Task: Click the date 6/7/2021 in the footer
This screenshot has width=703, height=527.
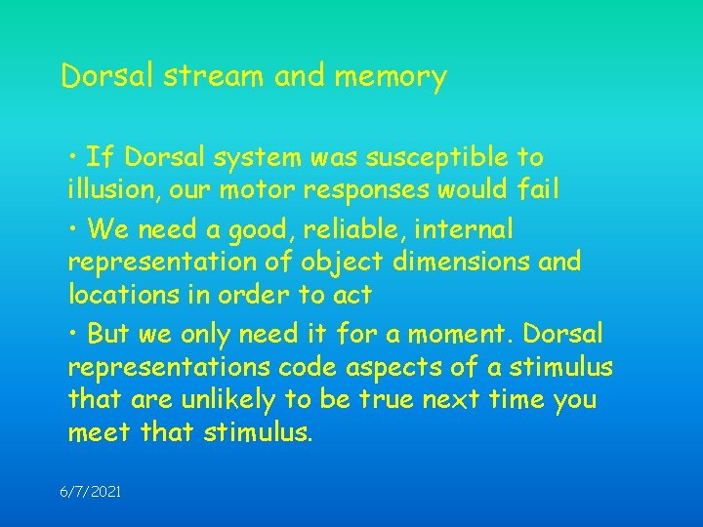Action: coord(91,493)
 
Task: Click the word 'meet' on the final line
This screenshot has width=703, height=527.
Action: coord(99,431)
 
